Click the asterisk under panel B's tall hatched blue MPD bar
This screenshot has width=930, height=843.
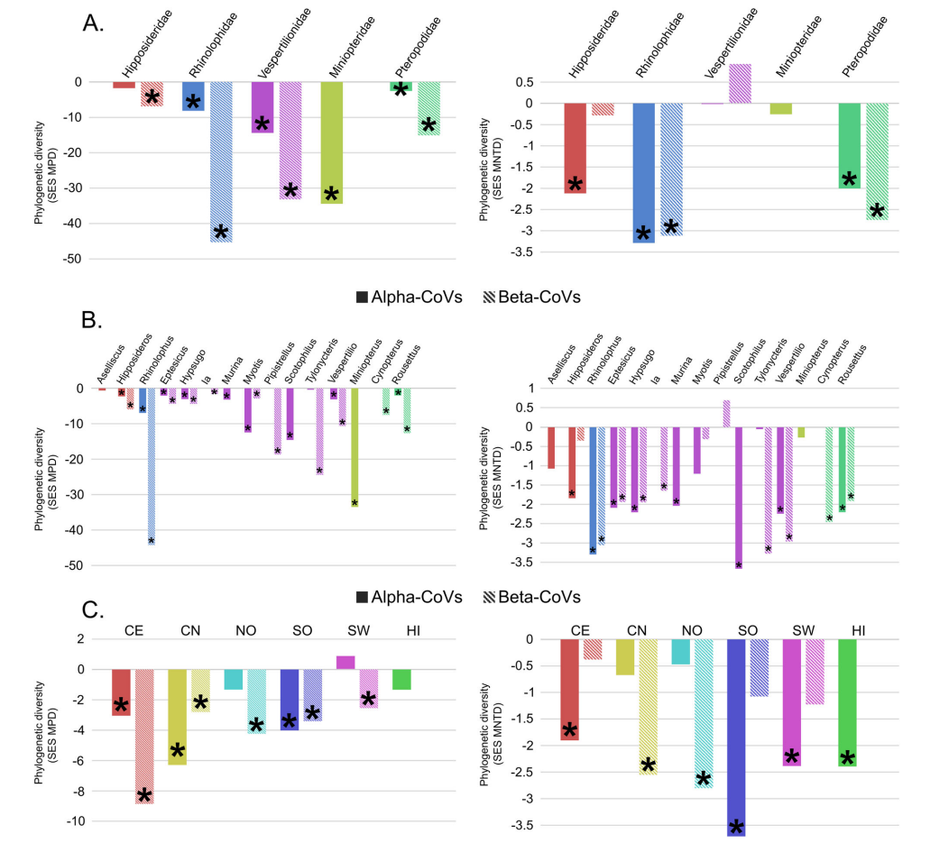click(x=152, y=541)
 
